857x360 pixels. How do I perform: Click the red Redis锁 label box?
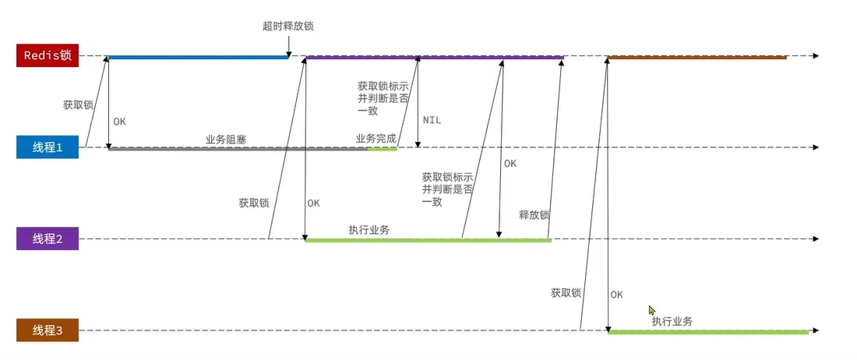click(x=48, y=56)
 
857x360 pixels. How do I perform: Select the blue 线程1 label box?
click(x=48, y=147)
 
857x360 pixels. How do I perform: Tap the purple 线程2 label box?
click(x=48, y=239)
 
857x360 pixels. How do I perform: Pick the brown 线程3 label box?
click(x=48, y=330)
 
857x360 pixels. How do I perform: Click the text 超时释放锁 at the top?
click(x=288, y=26)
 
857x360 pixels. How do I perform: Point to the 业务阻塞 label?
click(x=226, y=139)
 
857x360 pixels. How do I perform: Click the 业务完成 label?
click(x=376, y=139)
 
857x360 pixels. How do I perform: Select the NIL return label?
click(x=432, y=121)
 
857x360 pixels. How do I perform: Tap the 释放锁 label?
click(x=534, y=215)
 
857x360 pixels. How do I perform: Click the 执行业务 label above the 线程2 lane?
click(x=369, y=230)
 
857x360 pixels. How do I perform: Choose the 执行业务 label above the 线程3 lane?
click(x=672, y=321)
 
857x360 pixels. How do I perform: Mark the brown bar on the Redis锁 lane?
click(x=697, y=57)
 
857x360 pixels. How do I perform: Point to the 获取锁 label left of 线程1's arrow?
click(x=78, y=104)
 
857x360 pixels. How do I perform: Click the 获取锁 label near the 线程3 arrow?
click(x=566, y=293)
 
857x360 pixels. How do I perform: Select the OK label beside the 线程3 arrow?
click(x=617, y=295)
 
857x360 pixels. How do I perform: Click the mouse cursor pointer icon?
click(x=651, y=309)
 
